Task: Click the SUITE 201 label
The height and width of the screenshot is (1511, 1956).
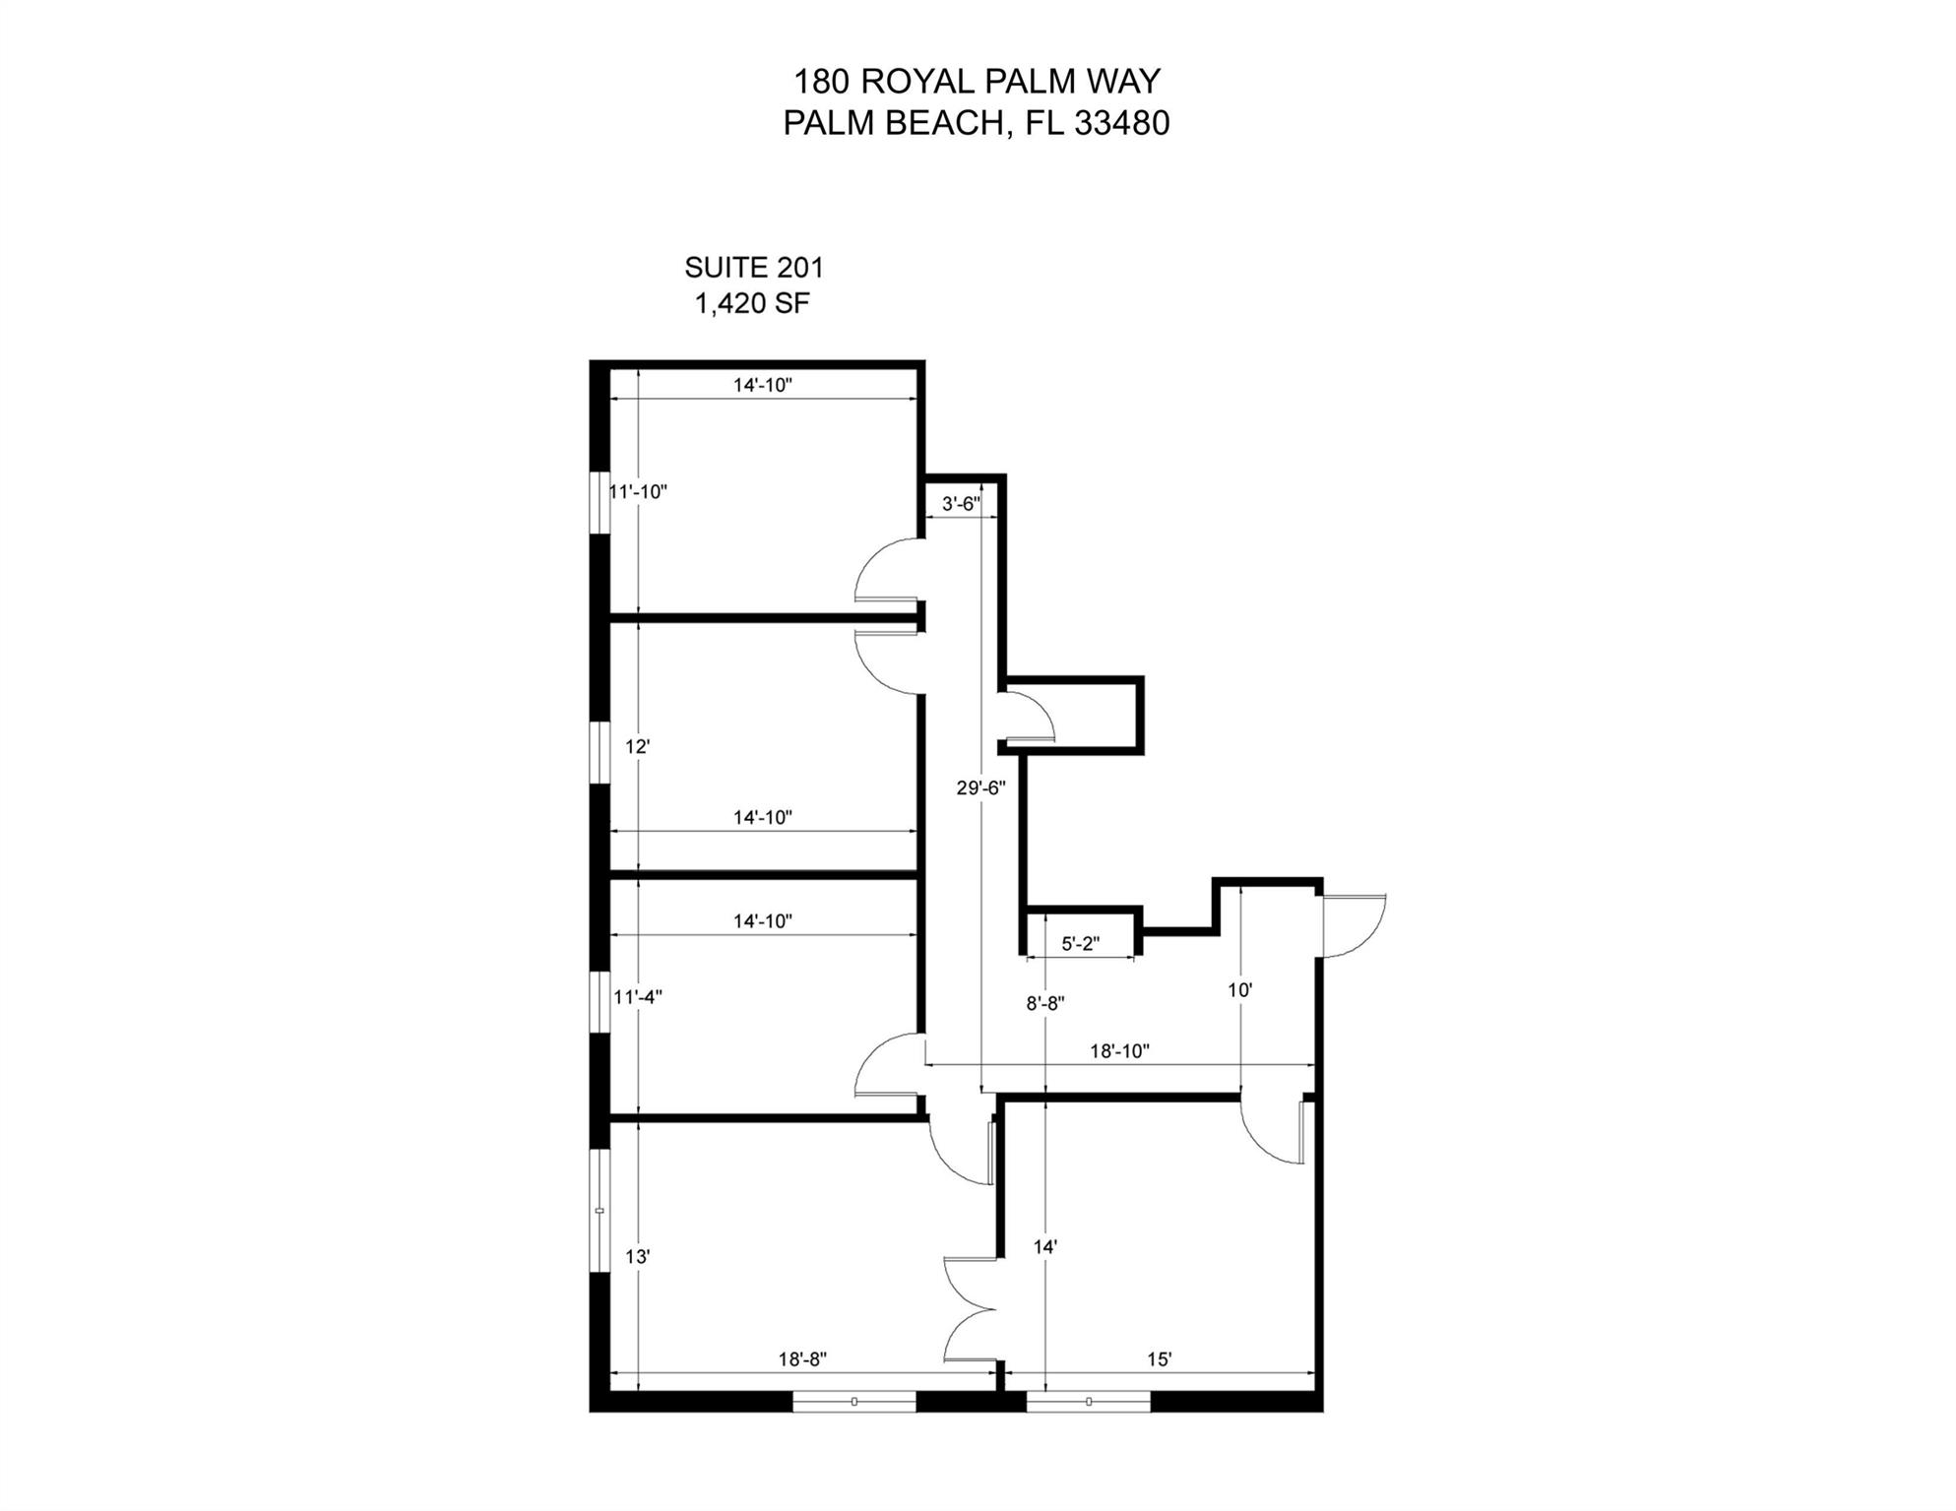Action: coord(753,268)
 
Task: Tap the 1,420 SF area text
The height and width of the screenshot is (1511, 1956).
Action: coord(752,304)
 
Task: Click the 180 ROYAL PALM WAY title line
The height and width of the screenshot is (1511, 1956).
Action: coord(977,81)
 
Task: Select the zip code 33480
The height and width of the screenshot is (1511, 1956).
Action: coord(1121,123)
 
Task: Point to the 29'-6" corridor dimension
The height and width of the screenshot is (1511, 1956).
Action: coord(980,787)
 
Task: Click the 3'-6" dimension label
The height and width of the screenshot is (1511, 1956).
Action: coord(961,504)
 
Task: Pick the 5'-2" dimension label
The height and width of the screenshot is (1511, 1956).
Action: coord(1080,944)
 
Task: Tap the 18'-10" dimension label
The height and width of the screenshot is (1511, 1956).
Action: coord(1119,1051)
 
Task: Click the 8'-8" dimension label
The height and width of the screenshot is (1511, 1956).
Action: coord(1045,1004)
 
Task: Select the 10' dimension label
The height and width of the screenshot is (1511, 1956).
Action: coord(1239,990)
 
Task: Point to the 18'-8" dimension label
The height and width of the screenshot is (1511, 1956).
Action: coord(802,1359)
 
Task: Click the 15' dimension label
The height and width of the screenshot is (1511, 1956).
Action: coord(1159,1359)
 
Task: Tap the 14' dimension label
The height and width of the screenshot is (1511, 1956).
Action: coord(1044,1247)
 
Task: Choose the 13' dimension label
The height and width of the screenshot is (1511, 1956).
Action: coord(638,1257)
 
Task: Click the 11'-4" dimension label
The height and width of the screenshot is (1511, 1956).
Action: coord(638,997)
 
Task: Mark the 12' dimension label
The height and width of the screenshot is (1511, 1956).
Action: coord(637,747)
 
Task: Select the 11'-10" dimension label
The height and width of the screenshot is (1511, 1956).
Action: coord(638,491)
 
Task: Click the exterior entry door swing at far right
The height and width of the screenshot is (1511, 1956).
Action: coord(1352,925)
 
